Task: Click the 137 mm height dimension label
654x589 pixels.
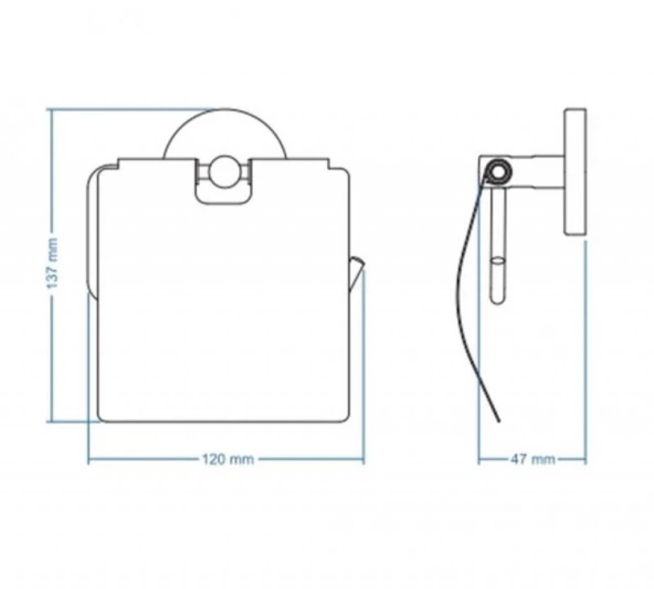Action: (52, 264)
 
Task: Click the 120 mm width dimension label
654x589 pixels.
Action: (228, 459)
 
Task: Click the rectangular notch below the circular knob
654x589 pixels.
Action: (224, 195)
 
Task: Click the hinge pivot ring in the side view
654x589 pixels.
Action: (497, 170)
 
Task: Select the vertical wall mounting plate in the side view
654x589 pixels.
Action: (575, 172)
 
